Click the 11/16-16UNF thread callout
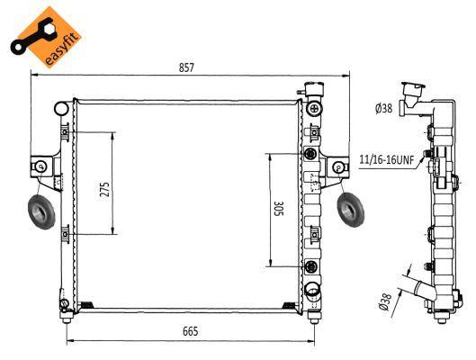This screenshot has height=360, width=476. click(386, 159)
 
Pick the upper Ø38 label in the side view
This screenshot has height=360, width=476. click(382, 109)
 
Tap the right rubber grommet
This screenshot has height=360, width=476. click(350, 211)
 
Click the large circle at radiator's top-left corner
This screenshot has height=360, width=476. click(62, 109)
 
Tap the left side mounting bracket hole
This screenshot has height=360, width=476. click(40, 166)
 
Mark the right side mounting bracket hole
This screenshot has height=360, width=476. click(338, 166)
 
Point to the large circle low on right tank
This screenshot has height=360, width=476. click(312, 289)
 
